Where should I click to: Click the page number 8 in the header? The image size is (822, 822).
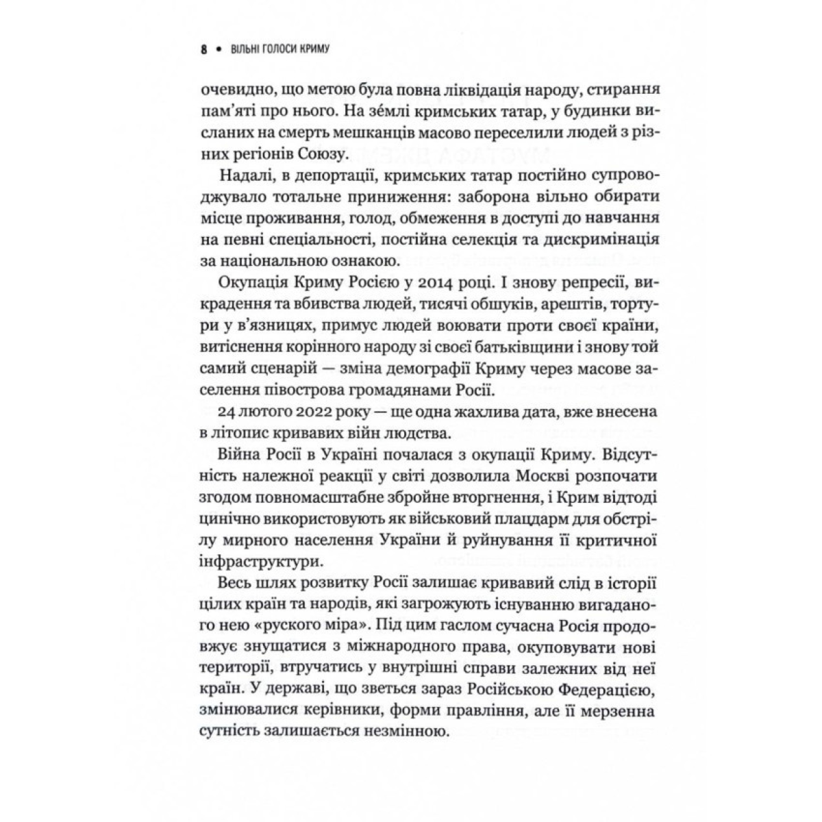pyautogui.click(x=203, y=49)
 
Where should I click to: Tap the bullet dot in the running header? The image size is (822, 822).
pyautogui.click(x=218, y=50)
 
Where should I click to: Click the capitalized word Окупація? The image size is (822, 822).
pyautogui.click(x=248, y=283)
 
